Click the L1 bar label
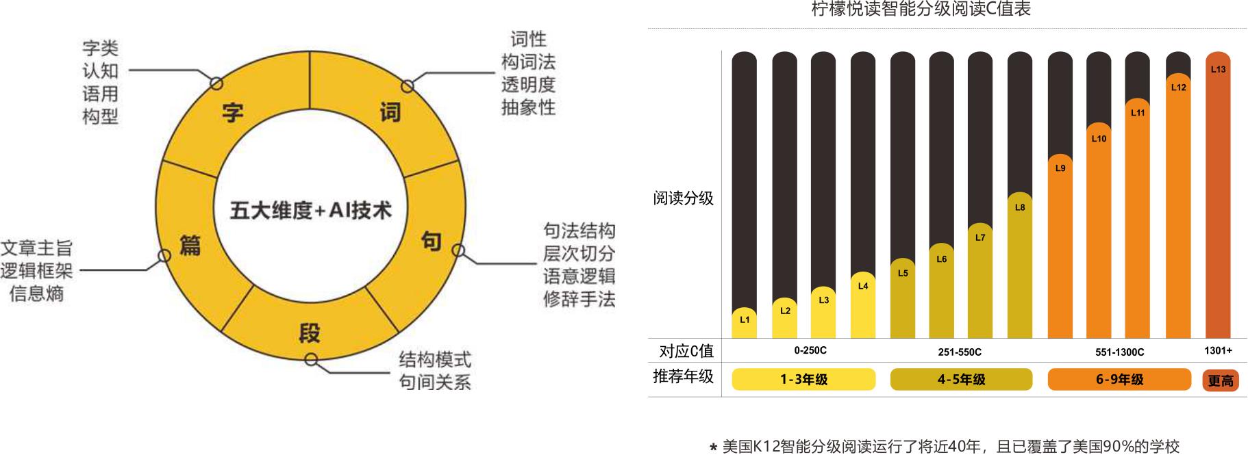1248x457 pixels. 745,319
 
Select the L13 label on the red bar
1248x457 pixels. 1218,69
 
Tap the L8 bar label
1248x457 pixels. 1020,207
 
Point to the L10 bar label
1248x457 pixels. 1099,138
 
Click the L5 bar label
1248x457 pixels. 903,273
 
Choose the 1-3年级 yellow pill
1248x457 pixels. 803,379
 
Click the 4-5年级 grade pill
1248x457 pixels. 961,379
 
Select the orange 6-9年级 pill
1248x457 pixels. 1119,379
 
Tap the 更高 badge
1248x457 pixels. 1220,380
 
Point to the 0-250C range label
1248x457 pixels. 810,350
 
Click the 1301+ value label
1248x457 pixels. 1218,350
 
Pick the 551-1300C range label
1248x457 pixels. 1119,352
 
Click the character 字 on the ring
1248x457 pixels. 233,112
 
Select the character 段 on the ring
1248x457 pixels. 310,333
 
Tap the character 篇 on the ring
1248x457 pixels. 190,245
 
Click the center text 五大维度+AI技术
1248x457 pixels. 310,210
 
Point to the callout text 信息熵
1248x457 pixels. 36,293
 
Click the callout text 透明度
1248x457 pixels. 528,85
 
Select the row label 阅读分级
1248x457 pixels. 683,198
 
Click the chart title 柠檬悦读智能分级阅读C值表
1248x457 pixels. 921,9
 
